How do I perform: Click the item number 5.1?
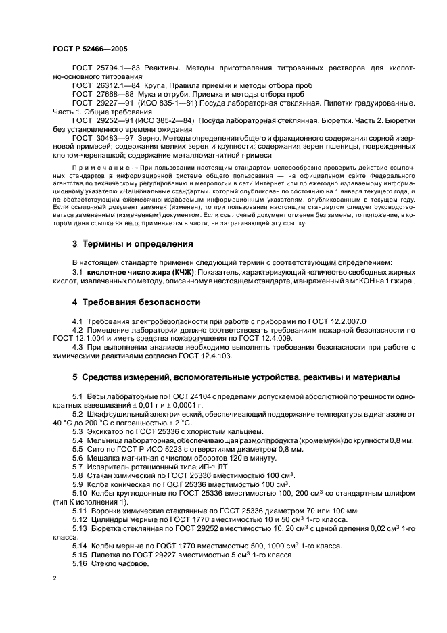(x=77, y=395)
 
